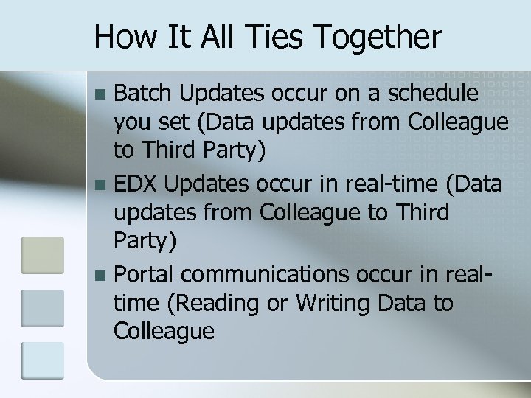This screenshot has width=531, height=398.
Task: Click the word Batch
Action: coord(145,94)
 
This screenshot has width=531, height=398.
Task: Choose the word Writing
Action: coord(340,303)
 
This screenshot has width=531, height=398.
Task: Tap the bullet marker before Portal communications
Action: coord(101,274)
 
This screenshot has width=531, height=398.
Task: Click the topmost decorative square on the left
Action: coord(42,253)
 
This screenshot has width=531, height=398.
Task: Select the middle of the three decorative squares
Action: coord(42,306)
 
